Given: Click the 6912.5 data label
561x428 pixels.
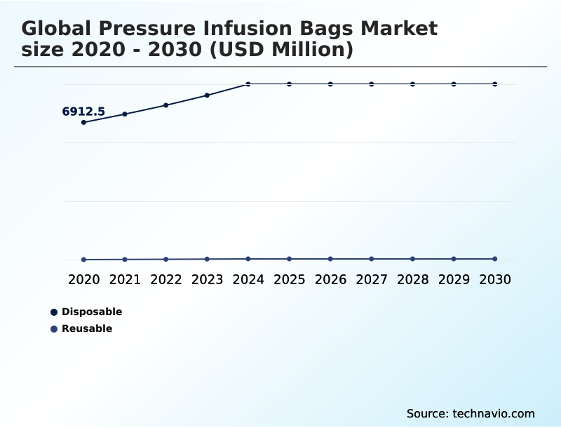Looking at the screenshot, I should click(83, 112).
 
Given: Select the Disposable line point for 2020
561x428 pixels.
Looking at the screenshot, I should click(84, 122).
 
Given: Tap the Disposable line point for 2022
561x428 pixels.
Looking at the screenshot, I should click(166, 105).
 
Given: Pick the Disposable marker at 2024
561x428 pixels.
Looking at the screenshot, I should click(248, 84).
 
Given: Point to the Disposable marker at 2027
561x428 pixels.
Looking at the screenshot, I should click(372, 84).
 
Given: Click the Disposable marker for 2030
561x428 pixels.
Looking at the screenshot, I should click(495, 84).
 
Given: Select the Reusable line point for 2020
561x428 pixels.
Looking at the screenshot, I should click(84, 260).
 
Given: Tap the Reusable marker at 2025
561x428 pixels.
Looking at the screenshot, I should click(289, 259).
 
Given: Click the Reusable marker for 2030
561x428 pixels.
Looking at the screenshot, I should click(495, 259).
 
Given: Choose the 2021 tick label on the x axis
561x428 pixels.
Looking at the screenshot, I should click(125, 280).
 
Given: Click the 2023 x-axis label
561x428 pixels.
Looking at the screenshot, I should click(207, 280).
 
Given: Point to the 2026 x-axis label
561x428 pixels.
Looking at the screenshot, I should click(330, 280).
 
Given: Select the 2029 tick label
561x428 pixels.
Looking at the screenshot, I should click(454, 280).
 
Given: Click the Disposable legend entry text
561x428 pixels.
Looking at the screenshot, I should click(92, 312).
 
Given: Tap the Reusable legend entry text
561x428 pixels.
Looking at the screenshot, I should click(87, 328).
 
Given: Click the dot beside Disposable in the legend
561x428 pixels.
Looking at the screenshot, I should click(54, 312).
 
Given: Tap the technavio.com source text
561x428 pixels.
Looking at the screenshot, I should click(494, 413).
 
